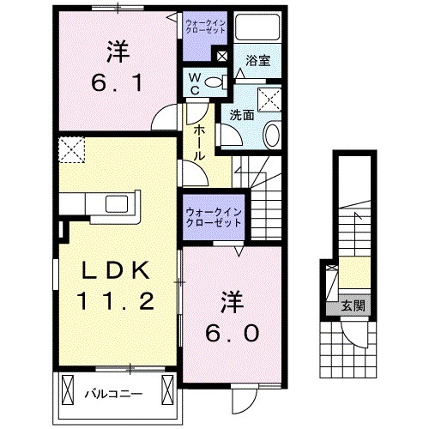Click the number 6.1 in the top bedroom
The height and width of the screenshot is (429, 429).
click(118, 84)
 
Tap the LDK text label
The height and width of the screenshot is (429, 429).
click(118, 271)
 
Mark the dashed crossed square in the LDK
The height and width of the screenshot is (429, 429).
click(73, 152)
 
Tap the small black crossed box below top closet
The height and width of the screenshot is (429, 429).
click(222, 57)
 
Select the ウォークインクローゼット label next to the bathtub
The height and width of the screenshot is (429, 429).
click(205, 24)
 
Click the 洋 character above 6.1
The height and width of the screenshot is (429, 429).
click(118, 51)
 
